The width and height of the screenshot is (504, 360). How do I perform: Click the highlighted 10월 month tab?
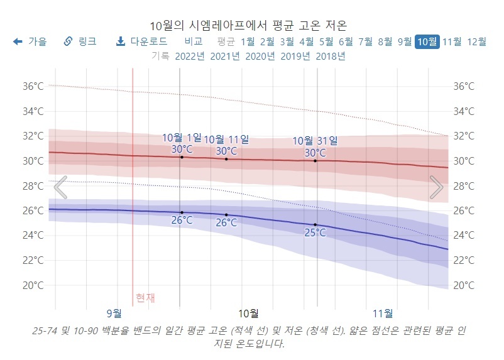[427, 42]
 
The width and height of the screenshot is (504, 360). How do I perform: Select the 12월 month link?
[477, 42]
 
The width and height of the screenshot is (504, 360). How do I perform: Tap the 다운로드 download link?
[142, 41]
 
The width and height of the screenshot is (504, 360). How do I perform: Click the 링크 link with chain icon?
[80, 41]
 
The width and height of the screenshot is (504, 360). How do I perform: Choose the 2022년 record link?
[190, 57]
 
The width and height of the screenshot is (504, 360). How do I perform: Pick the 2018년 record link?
[331, 57]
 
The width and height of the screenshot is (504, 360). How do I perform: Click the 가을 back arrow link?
[30, 41]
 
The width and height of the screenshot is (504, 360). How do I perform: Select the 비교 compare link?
[194, 41]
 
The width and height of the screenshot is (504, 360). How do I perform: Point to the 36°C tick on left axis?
[33, 86]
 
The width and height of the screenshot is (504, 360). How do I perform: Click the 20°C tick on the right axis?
[464, 285]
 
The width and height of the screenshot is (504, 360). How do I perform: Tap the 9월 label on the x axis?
[114, 313]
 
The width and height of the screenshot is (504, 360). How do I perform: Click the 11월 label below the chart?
[383, 313]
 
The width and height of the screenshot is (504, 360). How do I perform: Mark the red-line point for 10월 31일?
[315, 161]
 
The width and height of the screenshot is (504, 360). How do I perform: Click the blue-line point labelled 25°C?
[315, 225]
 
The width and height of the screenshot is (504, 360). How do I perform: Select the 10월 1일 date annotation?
[182, 138]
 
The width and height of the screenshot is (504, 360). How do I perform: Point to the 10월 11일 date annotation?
[226, 139]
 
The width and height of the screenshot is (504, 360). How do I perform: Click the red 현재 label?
[145, 298]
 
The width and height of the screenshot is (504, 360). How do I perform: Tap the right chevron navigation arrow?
[436, 187]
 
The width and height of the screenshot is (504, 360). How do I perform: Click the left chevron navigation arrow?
[60, 187]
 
